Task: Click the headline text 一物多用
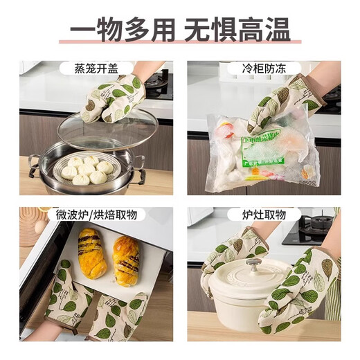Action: (122, 32)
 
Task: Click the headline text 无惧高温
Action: (235, 32)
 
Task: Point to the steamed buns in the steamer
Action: (86, 170)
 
